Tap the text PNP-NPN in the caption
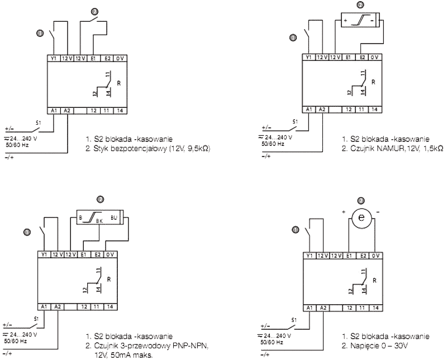pyautogui.click(x=192, y=347)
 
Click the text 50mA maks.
pyautogui.click(x=121, y=354)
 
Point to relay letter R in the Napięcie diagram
pyautogui.click(x=374, y=280)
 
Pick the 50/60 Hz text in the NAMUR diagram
pyautogui.click(x=274, y=144)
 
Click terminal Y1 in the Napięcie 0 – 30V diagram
pyautogui.click(x=309, y=255)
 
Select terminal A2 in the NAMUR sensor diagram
pyautogui.click(x=322, y=110)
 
